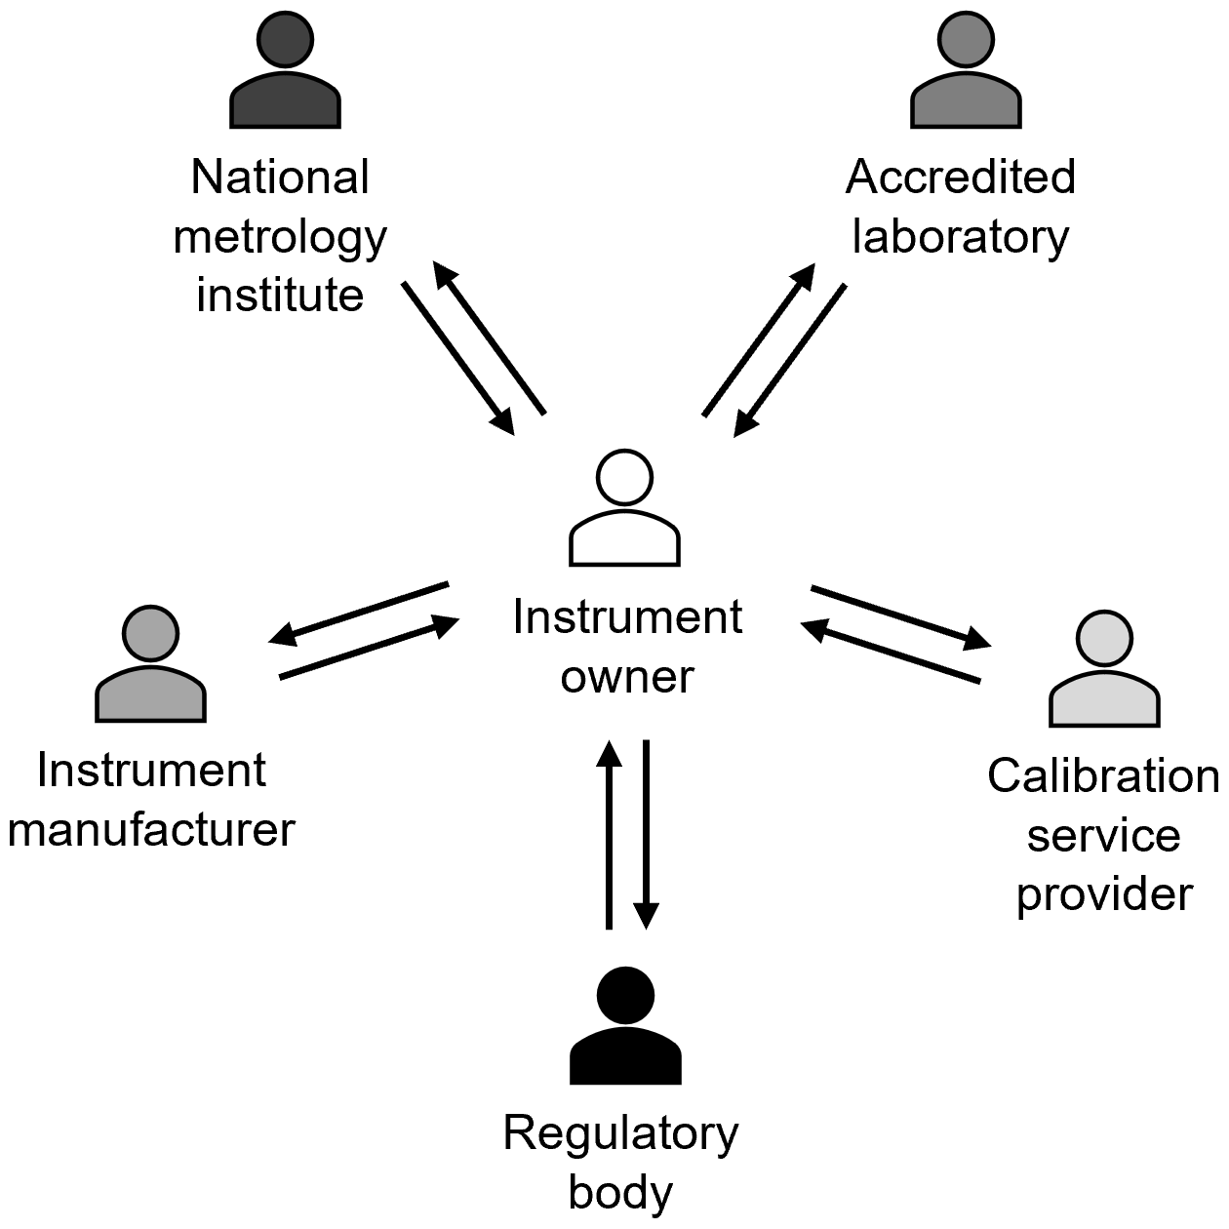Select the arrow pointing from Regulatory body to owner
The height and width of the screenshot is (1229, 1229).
click(609, 834)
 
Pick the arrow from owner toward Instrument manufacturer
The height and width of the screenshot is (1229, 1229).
click(358, 614)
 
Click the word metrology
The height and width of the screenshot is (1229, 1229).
click(280, 238)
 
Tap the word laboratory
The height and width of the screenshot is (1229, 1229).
click(961, 236)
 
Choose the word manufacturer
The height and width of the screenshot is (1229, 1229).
click(151, 830)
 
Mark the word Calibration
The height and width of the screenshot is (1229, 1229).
click(1103, 776)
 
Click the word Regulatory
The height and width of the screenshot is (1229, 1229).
click(621, 1134)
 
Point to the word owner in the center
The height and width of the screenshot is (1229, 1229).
click(627, 677)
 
